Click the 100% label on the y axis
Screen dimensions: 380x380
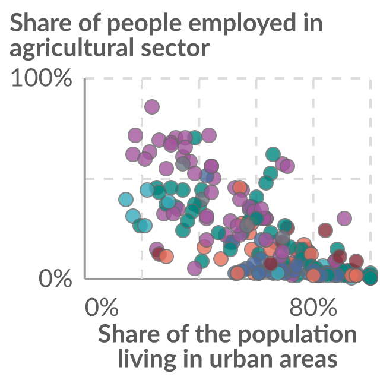click(x=42, y=78)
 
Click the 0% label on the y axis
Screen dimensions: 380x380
click(x=55, y=278)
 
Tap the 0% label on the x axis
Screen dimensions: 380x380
click(x=102, y=307)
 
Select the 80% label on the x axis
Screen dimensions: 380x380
click(x=313, y=307)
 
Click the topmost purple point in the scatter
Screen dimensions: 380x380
click(x=152, y=107)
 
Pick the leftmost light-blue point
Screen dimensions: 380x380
click(x=126, y=199)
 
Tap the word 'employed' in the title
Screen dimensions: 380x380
click(x=242, y=24)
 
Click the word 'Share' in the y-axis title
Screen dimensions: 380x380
click(x=40, y=23)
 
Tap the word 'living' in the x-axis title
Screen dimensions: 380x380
click(x=147, y=359)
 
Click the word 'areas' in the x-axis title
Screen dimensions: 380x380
click(x=308, y=360)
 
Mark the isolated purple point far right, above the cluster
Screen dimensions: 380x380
click(x=344, y=218)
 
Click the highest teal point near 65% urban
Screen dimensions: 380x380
click(x=273, y=154)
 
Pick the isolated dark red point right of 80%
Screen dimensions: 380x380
click(x=325, y=230)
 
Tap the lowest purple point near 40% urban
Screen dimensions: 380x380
click(x=195, y=268)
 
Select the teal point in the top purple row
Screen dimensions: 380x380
click(x=195, y=137)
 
